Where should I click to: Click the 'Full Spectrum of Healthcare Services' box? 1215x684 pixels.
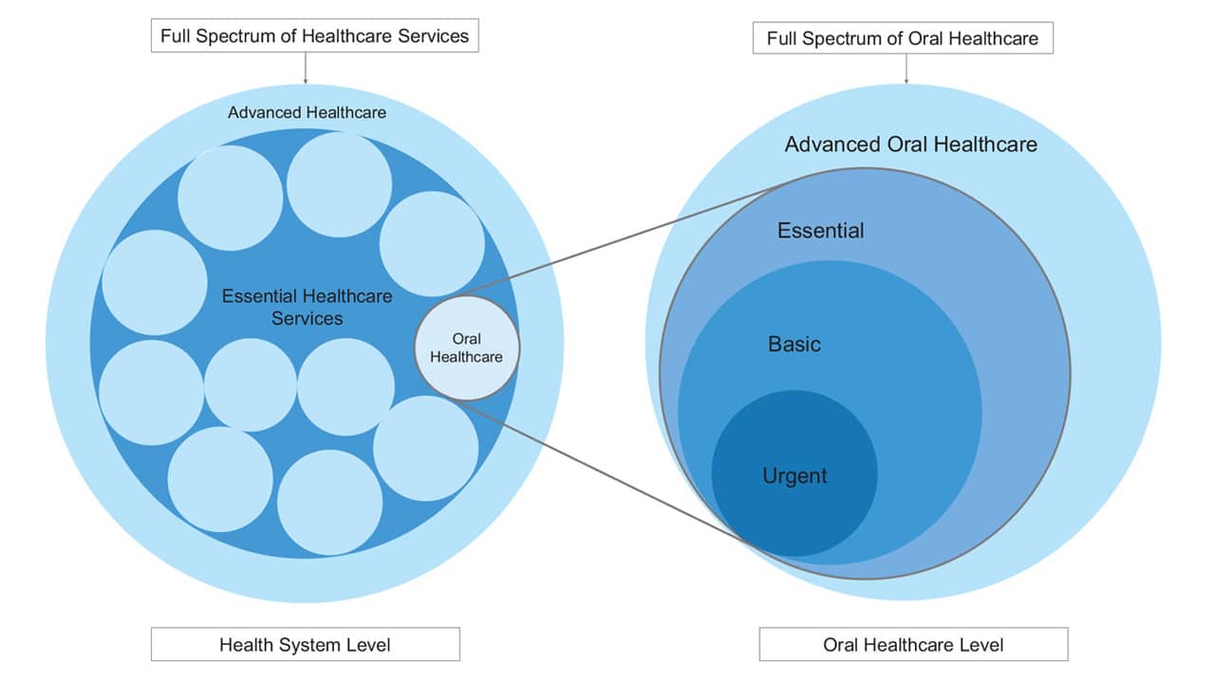(x=314, y=36)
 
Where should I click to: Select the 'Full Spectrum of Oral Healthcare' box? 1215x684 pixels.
(x=903, y=39)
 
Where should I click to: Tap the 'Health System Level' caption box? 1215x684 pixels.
(x=305, y=644)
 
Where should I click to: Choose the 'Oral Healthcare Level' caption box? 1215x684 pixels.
(x=913, y=644)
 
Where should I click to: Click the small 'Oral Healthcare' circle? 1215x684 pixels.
(x=467, y=348)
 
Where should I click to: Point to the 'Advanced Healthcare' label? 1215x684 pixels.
(x=307, y=112)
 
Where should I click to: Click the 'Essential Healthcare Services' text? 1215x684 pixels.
(x=307, y=307)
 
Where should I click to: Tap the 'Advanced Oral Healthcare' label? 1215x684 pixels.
(x=910, y=144)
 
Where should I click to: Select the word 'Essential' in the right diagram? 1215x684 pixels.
(x=820, y=230)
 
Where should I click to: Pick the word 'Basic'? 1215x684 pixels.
(x=794, y=344)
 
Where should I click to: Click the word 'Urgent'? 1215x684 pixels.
(x=794, y=475)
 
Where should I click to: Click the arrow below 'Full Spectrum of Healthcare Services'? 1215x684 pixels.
(x=306, y=68)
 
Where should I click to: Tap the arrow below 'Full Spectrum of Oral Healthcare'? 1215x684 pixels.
(x=907, y=69)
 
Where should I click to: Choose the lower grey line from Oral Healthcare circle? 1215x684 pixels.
(x=607, y=475)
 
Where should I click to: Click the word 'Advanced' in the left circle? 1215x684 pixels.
(x=263, y=112)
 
